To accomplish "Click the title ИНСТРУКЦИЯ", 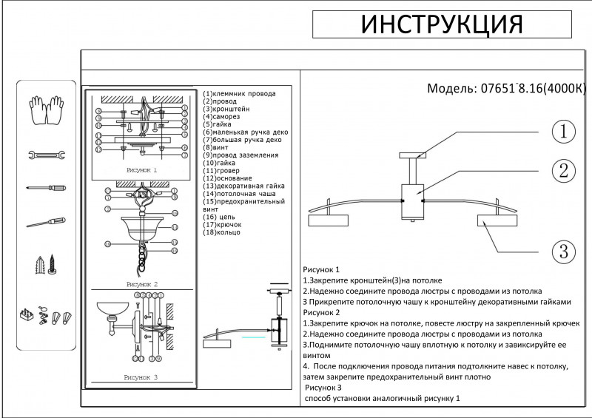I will [442, 24].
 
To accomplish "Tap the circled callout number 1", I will [563, 132].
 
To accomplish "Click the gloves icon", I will [46, 111].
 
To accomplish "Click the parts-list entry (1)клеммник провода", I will [239, 94].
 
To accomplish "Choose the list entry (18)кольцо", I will [221, 232].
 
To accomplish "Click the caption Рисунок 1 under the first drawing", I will [142, 169].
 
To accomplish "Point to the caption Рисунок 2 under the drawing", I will [142, 283].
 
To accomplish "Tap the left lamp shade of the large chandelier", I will [327, 221].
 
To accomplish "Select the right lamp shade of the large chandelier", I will [497, 221].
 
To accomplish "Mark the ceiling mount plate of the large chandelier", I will [412, 155].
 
